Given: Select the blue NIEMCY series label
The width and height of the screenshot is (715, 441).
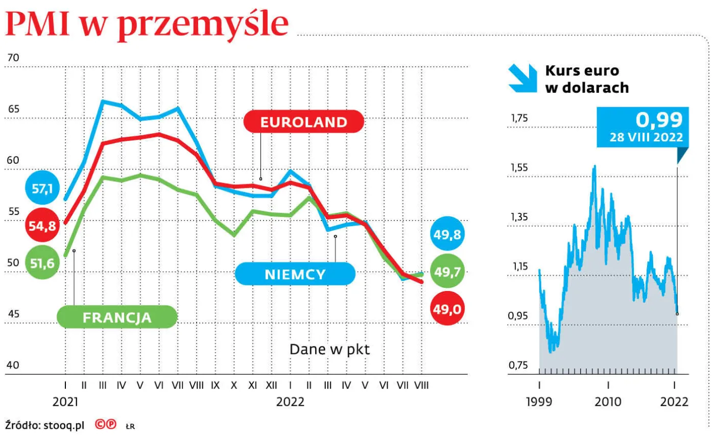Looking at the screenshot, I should click(x=295, y=274).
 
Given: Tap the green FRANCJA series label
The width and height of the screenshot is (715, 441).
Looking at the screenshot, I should click(x=117, y=317).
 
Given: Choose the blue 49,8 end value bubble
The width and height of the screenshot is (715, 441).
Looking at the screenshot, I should click(x=447, y=235).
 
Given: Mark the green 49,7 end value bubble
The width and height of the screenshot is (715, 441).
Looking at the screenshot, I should click(x=447, y=272).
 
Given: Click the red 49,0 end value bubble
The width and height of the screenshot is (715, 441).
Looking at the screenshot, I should click(x=447, y=308).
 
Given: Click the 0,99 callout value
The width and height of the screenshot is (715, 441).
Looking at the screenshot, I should click(x=659, y=120).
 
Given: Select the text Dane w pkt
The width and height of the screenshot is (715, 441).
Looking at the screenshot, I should click(x=329, y=349).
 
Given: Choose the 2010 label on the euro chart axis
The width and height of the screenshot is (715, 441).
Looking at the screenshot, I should click(x=608, y=402).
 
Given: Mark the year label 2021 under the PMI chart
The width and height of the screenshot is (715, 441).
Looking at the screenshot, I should click(x=65, y=402).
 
